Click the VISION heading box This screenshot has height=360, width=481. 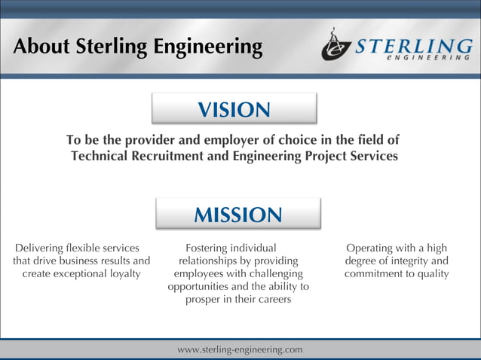coord(234,108)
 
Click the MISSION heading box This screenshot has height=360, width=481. coord(238,214)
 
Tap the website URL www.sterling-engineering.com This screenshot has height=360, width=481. coord(240,349)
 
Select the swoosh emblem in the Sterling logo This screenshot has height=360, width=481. coord(335,46)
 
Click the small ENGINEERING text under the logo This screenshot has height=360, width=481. coord(428,57)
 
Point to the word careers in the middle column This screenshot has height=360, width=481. coord(271,299)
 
